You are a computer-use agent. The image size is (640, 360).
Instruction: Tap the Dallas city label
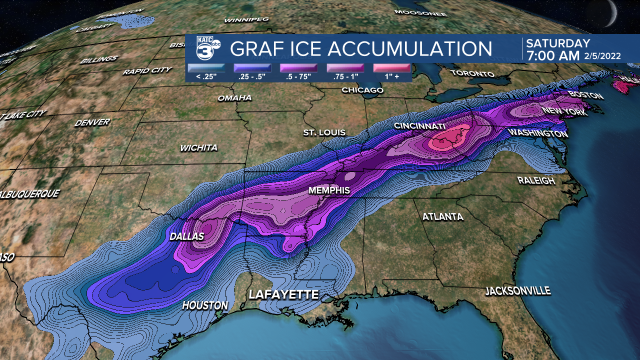(x=186, y=236)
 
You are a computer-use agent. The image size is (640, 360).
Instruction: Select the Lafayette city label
(x=283, y=294)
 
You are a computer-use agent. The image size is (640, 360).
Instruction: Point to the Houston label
(x=205, y=305)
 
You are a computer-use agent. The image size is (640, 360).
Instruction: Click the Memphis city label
(x=328, y=190)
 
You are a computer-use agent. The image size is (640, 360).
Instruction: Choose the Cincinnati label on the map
(x=419, y=125)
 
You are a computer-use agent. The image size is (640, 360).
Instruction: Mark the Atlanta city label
(x=442, y=217)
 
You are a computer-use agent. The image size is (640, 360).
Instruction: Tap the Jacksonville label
(x=517, y=291)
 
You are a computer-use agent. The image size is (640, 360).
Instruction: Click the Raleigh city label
(x=536, y=180)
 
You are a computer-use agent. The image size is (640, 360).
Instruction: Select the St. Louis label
(x=324, y=132)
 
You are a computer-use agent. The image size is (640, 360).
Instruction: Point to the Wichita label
(x=199, y=148)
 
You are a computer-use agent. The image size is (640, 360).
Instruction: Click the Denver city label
(x=91, y=122)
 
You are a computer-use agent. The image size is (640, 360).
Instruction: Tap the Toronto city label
(x=472, y=73)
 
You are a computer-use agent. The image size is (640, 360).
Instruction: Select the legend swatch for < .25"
(x=206, y=68)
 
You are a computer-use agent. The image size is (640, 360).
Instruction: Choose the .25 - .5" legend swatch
(x=252, y=68)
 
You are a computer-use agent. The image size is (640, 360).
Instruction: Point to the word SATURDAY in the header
(x=558, y=43)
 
